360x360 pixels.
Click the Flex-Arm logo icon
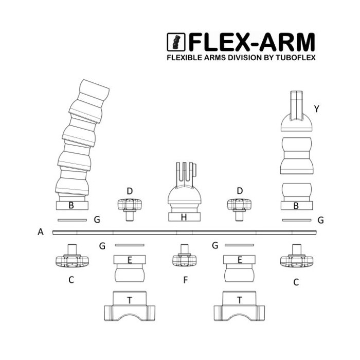pos(177,41)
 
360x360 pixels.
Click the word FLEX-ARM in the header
pos(251,41)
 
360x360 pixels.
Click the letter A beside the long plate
pos(41,232)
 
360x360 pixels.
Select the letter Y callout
pos(316,109)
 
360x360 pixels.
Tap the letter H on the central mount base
pos(184,217)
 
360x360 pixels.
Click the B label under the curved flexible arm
pos(71,206)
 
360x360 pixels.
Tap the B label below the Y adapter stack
pos(296,206)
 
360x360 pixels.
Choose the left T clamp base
pos(130,307)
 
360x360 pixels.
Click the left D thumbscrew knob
pos(130,205)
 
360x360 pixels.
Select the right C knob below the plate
pos(296,260)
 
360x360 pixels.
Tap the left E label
pos(130,260)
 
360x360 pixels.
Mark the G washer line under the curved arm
pos(72,220)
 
